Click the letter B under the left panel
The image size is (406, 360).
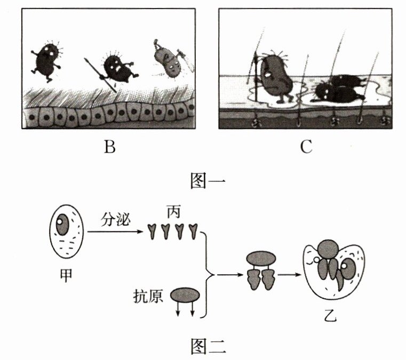coord(110,148)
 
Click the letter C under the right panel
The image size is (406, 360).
coord(305,148)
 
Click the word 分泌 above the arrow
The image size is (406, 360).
coord(114,220)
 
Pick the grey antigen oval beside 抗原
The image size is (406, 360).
coord(185,295)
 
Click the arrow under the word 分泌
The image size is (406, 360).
coord(117,231)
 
